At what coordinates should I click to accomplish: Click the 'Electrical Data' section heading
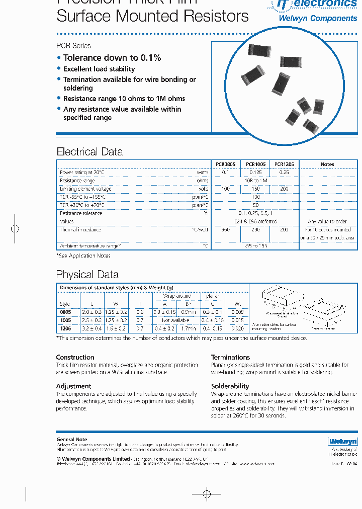coord(89,152)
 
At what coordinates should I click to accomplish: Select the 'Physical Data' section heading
coord(87,275)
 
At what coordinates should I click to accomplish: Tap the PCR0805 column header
coord(225,164)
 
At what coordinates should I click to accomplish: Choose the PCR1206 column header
coord(284,164)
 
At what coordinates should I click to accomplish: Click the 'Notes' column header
coord(327,164)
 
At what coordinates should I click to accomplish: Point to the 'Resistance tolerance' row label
coord(81,213)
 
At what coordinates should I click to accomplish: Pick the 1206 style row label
coord(65,328)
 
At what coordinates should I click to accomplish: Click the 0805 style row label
coord(65,312)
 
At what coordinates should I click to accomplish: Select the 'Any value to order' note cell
coord(327,221)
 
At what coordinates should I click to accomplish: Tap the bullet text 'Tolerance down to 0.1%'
coord(112,58)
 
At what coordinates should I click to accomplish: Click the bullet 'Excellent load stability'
coord(99,69)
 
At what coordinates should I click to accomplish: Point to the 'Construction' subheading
coord(75,357)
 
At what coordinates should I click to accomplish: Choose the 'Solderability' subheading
coord(230,386)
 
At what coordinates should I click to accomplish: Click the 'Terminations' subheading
coord(230,357)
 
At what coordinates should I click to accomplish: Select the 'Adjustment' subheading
coord(73,386)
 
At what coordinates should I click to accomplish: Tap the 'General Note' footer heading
coord(71,440)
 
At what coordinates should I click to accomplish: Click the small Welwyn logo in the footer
coord(342,442)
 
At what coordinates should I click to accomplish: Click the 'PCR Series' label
coord(73,46)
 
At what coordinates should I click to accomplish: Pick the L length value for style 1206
coord(92,328)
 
